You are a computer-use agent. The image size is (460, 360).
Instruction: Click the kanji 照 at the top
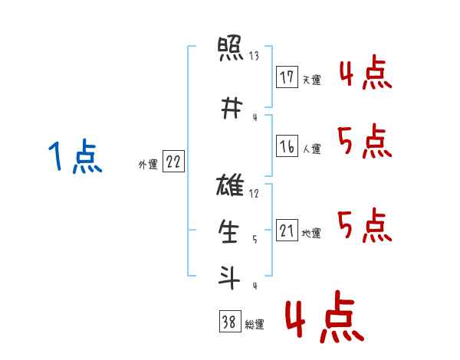230,48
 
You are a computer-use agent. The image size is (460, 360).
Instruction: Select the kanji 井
232,108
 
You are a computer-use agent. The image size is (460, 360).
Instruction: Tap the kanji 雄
230,185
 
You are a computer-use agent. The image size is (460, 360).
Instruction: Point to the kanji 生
228,231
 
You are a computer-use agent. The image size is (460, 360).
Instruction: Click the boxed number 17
287,77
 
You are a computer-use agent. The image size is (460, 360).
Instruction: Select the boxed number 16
287,146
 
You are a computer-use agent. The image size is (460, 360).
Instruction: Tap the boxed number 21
287,230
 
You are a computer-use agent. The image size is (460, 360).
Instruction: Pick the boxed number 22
173,162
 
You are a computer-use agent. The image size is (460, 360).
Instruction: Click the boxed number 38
230,321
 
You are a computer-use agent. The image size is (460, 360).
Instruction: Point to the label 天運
312,80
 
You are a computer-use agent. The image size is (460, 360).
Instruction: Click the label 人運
312,149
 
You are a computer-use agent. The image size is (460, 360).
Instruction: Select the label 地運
311,233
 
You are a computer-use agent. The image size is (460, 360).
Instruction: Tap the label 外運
148,165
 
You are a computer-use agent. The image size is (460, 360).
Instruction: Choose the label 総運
255,325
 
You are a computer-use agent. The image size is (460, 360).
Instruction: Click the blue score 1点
75,155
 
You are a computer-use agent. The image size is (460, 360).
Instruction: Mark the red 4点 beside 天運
366,72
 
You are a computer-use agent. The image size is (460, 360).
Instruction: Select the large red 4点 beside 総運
324,316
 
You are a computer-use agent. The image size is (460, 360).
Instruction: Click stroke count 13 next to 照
254,56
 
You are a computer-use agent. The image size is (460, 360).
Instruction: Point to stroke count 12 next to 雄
254,194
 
